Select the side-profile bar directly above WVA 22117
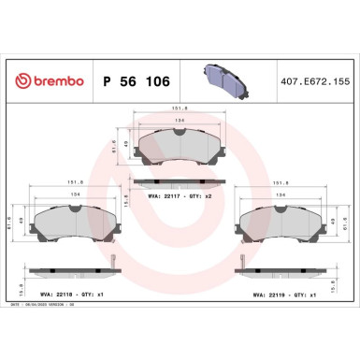click(180, 180)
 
